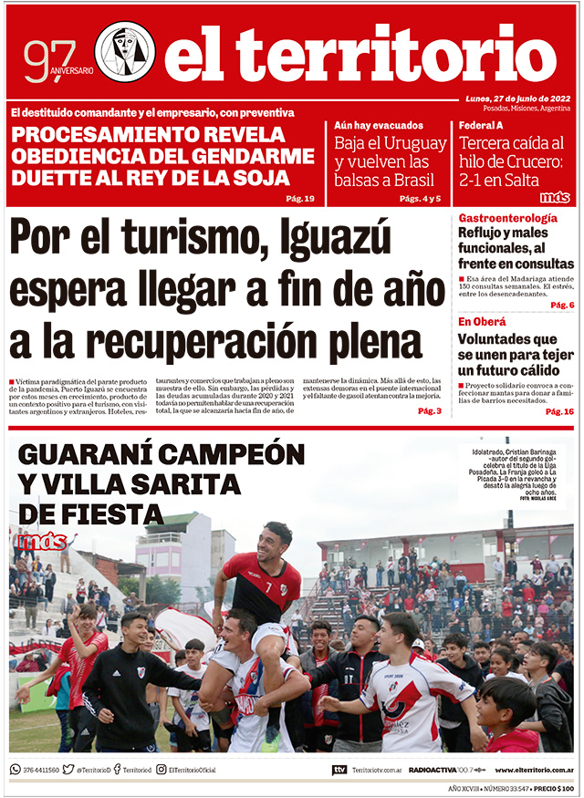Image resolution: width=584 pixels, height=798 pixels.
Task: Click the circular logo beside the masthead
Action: [x=125, y=52]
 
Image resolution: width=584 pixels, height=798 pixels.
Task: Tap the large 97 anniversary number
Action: [x=45, y=60]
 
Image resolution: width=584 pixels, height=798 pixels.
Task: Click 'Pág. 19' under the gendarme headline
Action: [x=299, y=199]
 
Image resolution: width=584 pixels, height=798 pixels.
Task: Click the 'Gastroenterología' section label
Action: [x=507, y=218]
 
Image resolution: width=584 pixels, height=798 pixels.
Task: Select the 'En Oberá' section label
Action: [x=481, y=321]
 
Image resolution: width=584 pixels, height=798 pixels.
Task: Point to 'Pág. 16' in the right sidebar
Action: [x=559, y=412]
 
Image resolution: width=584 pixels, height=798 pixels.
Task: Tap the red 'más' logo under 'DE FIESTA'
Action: [x=40, y=542]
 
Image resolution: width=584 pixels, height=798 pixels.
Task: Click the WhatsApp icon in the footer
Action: [x=16, y=770]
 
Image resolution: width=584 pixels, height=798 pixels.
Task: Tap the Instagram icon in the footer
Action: [x=161, y=770]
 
